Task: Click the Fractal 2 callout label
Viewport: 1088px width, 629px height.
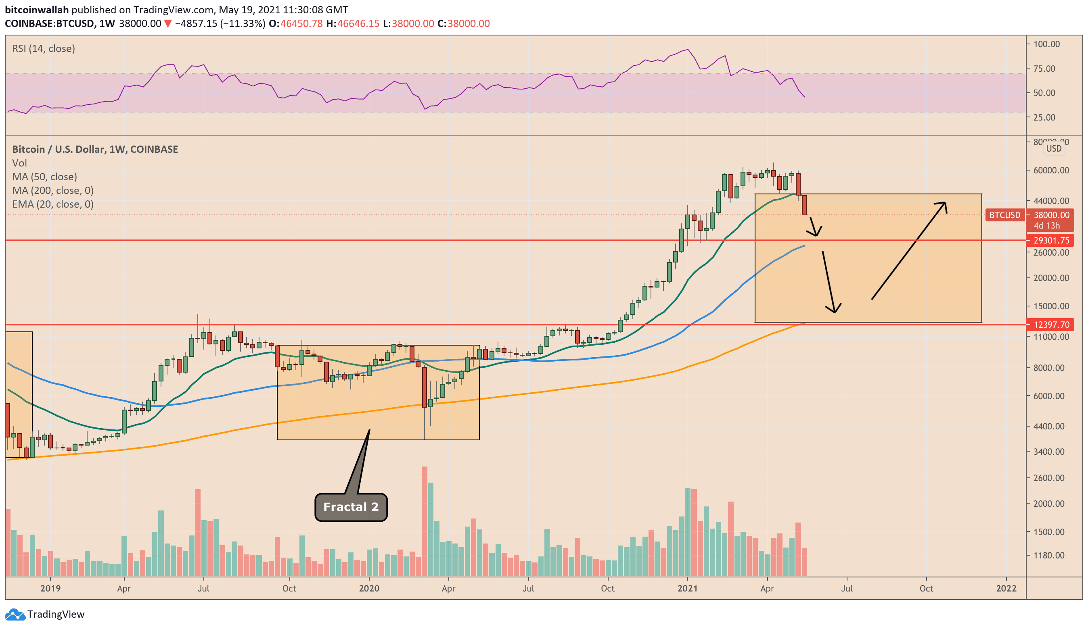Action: point(351,507)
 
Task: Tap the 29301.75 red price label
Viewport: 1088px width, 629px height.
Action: point(1051,240)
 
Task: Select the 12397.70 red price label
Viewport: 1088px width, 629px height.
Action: point(1051,325)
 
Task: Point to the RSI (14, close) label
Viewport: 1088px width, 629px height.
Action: point(43,48)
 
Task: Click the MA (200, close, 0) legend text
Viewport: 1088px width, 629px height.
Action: point(53,190)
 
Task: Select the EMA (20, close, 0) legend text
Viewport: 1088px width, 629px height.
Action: point(53,204)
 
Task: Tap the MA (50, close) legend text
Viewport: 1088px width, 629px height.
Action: point(44,177)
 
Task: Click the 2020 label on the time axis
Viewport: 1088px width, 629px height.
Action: point(369,588)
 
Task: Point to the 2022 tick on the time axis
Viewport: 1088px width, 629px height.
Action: point(1006,588)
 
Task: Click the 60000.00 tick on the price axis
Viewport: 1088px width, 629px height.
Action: point(1051,171)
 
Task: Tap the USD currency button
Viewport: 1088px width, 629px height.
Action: point(1053,148)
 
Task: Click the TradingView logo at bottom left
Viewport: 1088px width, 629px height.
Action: point(45,614)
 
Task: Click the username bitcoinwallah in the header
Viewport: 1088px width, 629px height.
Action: point(37,10)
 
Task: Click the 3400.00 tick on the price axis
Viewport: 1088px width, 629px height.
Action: point(1049,452)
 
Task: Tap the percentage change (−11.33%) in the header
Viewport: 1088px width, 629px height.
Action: point(243,23)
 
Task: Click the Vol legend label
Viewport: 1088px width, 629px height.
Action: point(19,162)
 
